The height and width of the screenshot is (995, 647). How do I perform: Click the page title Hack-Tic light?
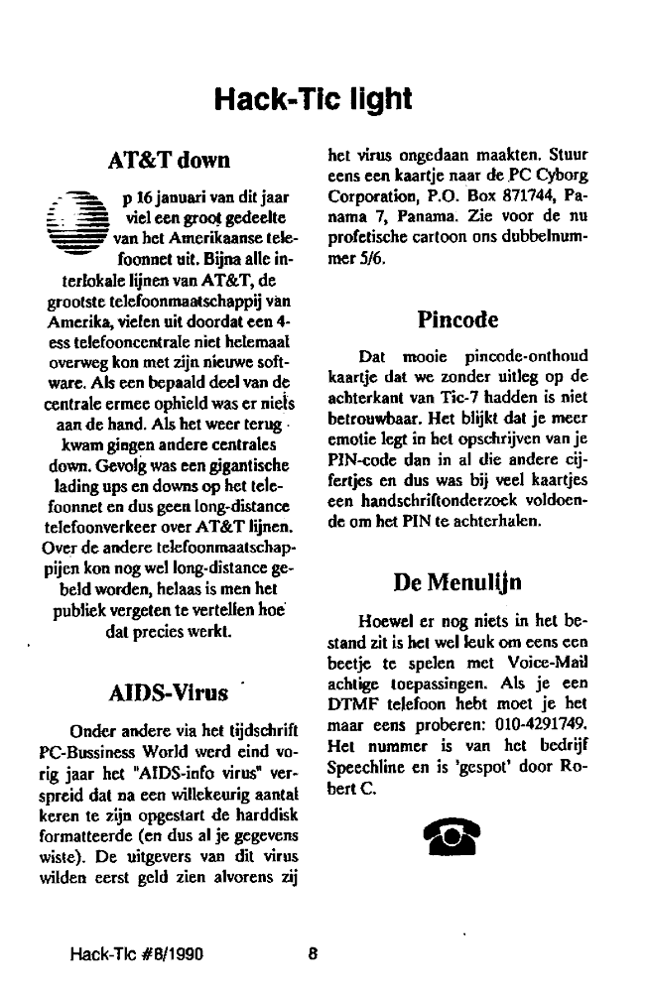pos(314,99)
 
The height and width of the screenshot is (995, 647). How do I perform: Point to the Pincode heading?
pos(457,320)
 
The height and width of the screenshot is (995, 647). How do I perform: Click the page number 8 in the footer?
pos(313,955)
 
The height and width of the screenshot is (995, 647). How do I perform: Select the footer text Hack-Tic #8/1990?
pos(136,955)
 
